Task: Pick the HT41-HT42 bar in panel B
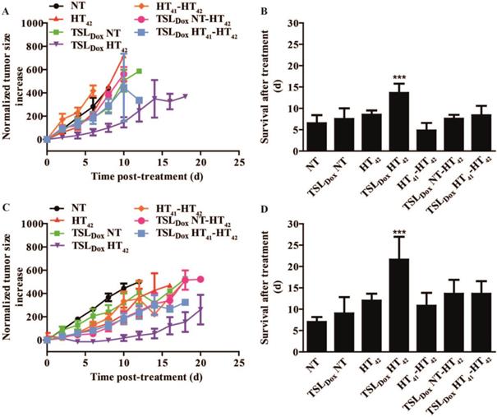[393, 141]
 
